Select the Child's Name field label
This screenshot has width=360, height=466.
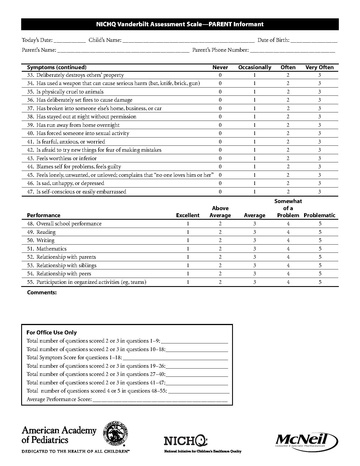tap(106, 39)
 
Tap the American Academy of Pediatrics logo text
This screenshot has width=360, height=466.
tap(60, 431)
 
